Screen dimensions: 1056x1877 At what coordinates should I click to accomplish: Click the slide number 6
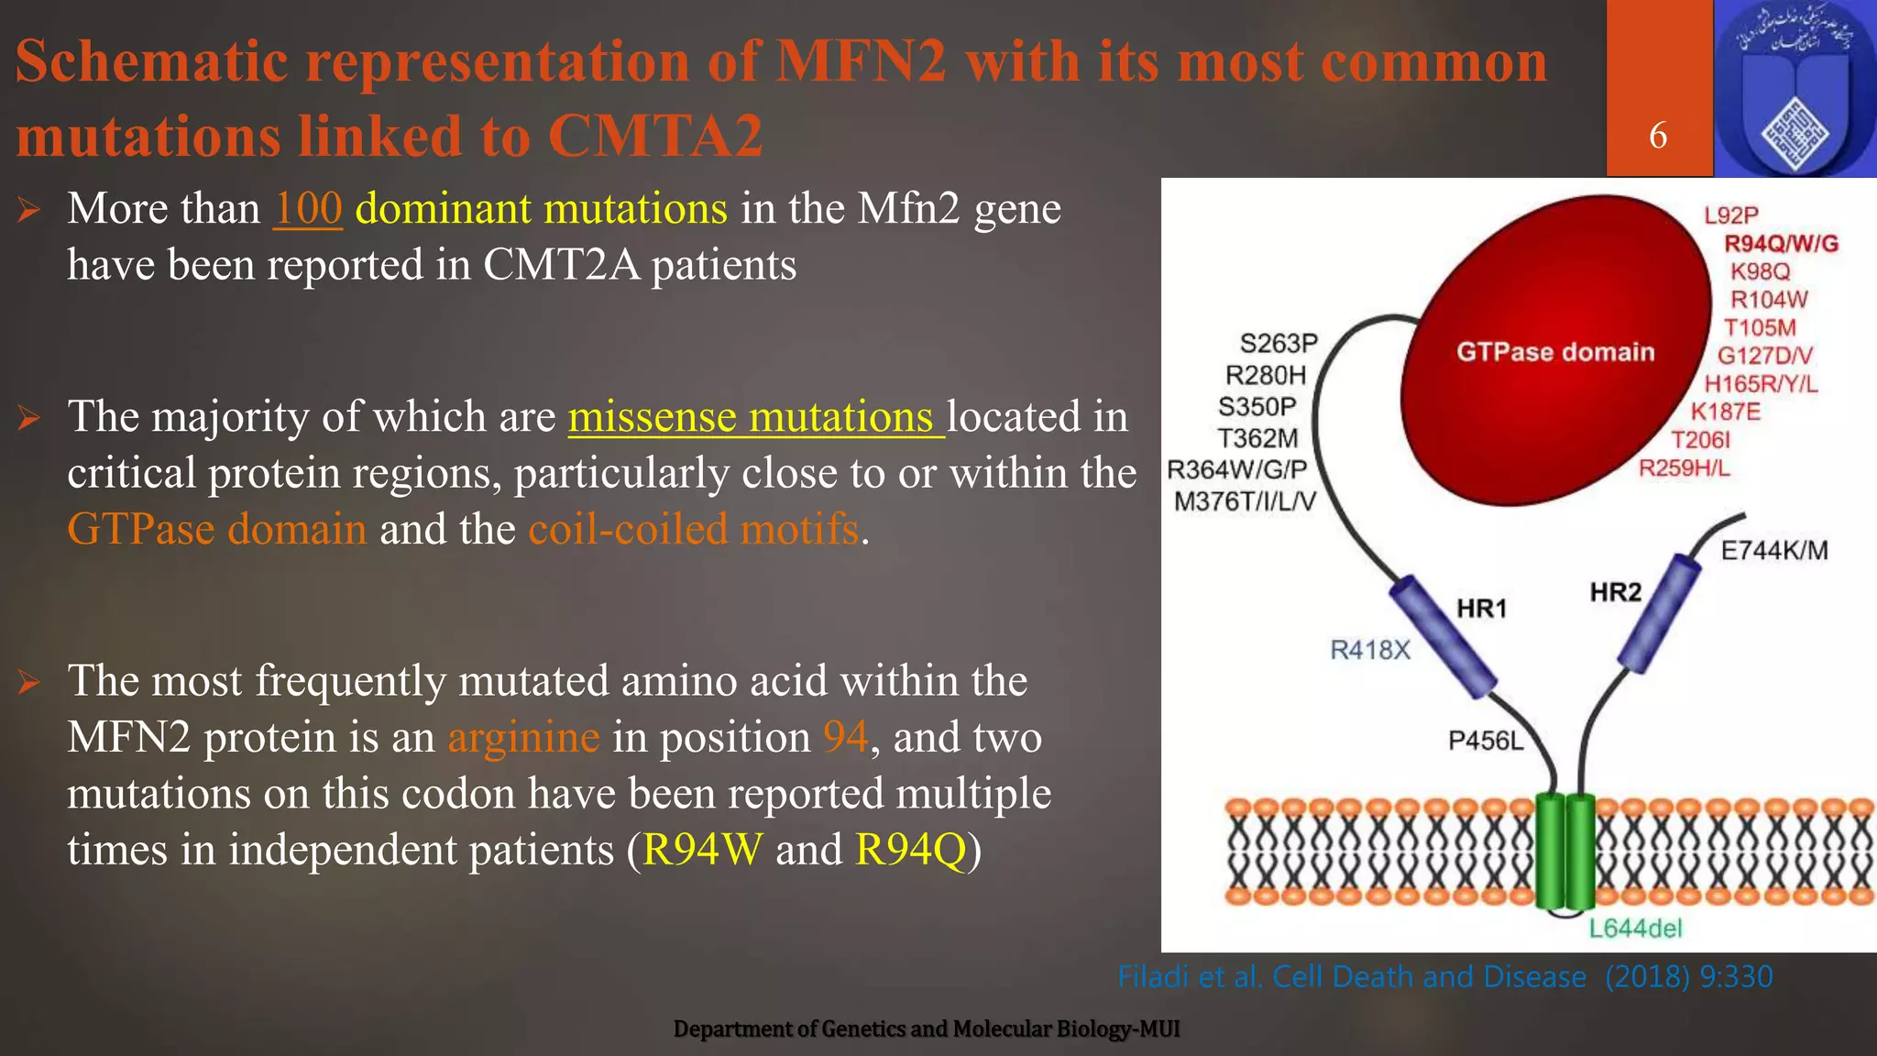coord(1658,136)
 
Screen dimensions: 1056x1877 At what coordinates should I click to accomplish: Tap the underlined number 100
coord(308,208)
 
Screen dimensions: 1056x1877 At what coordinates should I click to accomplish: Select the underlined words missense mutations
coord(755,417)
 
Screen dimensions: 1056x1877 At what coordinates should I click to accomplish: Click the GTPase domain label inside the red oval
coord(1555,352)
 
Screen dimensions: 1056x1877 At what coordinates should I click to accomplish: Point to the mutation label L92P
coord(1731,215)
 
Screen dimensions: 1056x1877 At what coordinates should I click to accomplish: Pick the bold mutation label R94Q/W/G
coord(1781,243)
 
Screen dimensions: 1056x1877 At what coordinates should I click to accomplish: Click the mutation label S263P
coord(1279,343)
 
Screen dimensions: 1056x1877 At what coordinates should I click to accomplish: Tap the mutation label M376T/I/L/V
coord(1244,501)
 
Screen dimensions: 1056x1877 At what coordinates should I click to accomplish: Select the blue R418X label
coord(1370,650)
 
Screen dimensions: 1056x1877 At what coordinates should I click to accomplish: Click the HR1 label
coord(1482,608)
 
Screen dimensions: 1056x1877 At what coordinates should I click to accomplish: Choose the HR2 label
coord(1616,592)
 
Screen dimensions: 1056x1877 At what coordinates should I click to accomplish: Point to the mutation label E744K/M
coord(1774,550)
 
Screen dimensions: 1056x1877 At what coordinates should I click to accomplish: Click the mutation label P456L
coord(1486,740)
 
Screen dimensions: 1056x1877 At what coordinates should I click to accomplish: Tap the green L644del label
coord(1636,929)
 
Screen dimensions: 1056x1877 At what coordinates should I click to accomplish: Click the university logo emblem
coord(1795,89)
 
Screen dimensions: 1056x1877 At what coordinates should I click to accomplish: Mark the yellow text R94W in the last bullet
coord(702,849)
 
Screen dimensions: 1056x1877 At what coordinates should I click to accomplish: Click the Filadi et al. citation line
coord(1444,977)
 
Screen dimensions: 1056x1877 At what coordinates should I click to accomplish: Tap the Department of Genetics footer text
coord(927,1029)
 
